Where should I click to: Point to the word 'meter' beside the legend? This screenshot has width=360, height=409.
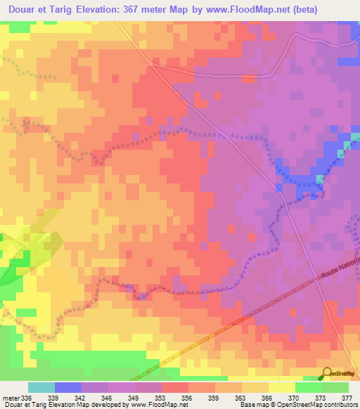10,397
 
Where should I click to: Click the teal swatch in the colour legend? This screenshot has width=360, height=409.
41,387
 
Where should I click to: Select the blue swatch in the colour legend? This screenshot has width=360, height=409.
68,387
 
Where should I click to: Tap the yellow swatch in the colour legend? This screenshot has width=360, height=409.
282,387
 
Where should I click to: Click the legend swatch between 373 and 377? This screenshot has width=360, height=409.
335,387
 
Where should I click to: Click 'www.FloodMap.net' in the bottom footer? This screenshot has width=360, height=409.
160,405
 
